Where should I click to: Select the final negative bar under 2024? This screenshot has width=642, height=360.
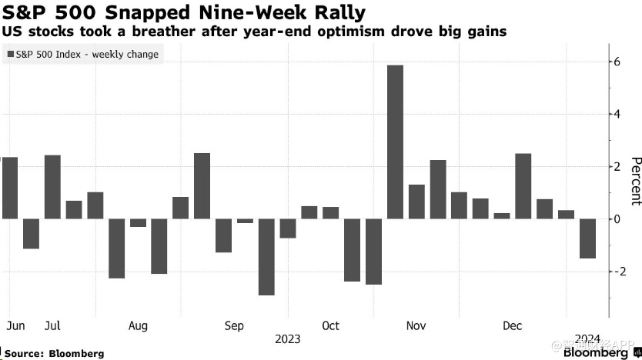(x=587, y=238)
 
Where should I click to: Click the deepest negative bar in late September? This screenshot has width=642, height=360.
(x=266, y=257)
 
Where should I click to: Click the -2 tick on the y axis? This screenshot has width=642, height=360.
(x=616, y=272)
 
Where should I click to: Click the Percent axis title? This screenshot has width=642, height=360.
(x=635, y=182)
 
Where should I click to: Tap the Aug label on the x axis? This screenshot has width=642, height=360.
(x=138, y=326)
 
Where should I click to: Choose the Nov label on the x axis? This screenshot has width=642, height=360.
(x=415, y=326)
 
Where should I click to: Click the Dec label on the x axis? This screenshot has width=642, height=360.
(x=512, y=326)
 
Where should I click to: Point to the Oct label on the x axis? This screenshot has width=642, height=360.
(x=330, y=326)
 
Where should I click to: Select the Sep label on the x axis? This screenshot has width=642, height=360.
(x=234, y=326)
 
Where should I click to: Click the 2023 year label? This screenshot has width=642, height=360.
(x=286, y=339)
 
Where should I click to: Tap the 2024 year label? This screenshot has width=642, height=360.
(x=587, y=339)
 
